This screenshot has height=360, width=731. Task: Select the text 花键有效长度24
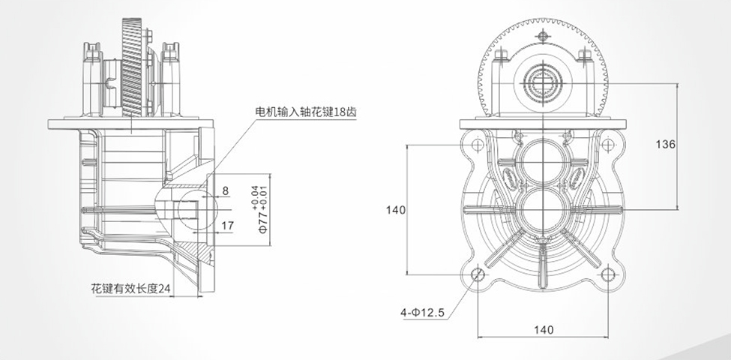coord(131,287)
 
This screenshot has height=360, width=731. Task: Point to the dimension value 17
coord(228,223)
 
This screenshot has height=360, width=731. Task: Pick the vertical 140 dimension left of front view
coord(394,210)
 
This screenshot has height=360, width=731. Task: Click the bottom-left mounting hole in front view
coord(478,275)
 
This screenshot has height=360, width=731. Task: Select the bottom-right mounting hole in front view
coord(608,275)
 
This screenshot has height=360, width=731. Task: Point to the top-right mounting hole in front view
coord(608,145)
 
